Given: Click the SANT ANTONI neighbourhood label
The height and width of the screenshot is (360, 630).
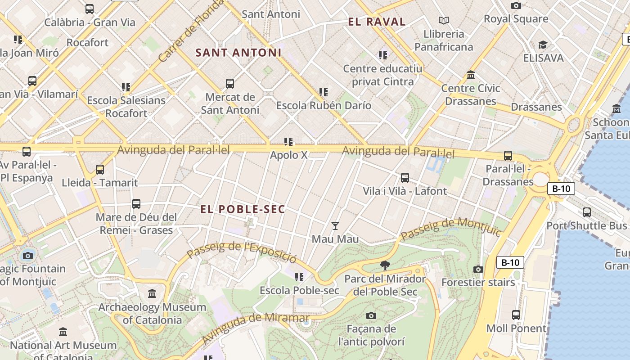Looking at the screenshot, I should [x=238, y=53].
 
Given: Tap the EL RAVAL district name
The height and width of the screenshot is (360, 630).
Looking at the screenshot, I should [x=377, y=22].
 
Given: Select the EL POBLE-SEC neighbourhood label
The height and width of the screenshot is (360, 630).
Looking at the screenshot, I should [x=243, y=209].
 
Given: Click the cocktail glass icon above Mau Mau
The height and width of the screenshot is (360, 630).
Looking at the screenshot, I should [x=335, y=225].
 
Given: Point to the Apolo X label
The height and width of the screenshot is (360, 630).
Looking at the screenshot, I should [x=288, y=155].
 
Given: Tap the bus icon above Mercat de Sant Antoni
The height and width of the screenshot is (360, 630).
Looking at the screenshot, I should [x=230, y=84].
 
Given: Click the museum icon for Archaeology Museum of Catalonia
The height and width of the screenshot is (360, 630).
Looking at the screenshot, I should [x=152, y=294].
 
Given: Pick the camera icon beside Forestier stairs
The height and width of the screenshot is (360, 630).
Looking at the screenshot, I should [x=478, y=269].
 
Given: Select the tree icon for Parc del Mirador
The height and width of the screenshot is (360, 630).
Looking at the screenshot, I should [x=385, y=265].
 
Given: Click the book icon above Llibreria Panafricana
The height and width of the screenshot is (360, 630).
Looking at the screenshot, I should [x=444, y=20].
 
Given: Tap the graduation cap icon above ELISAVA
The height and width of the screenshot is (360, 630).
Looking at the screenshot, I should [x=543, y=45].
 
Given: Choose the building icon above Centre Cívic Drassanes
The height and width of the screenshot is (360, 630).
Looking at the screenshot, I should [x=471, y=75].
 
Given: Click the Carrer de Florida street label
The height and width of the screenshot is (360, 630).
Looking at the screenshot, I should [x=190, y=31].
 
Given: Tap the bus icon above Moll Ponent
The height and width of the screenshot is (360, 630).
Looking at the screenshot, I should [x=516, y=315].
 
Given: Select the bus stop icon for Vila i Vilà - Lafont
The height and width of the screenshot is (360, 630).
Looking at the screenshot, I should [x=405, y=178].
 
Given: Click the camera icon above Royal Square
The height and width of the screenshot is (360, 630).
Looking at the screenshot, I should [x=516, y=5].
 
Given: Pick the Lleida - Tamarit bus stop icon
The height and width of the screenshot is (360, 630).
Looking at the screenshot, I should [x=100, y=170].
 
